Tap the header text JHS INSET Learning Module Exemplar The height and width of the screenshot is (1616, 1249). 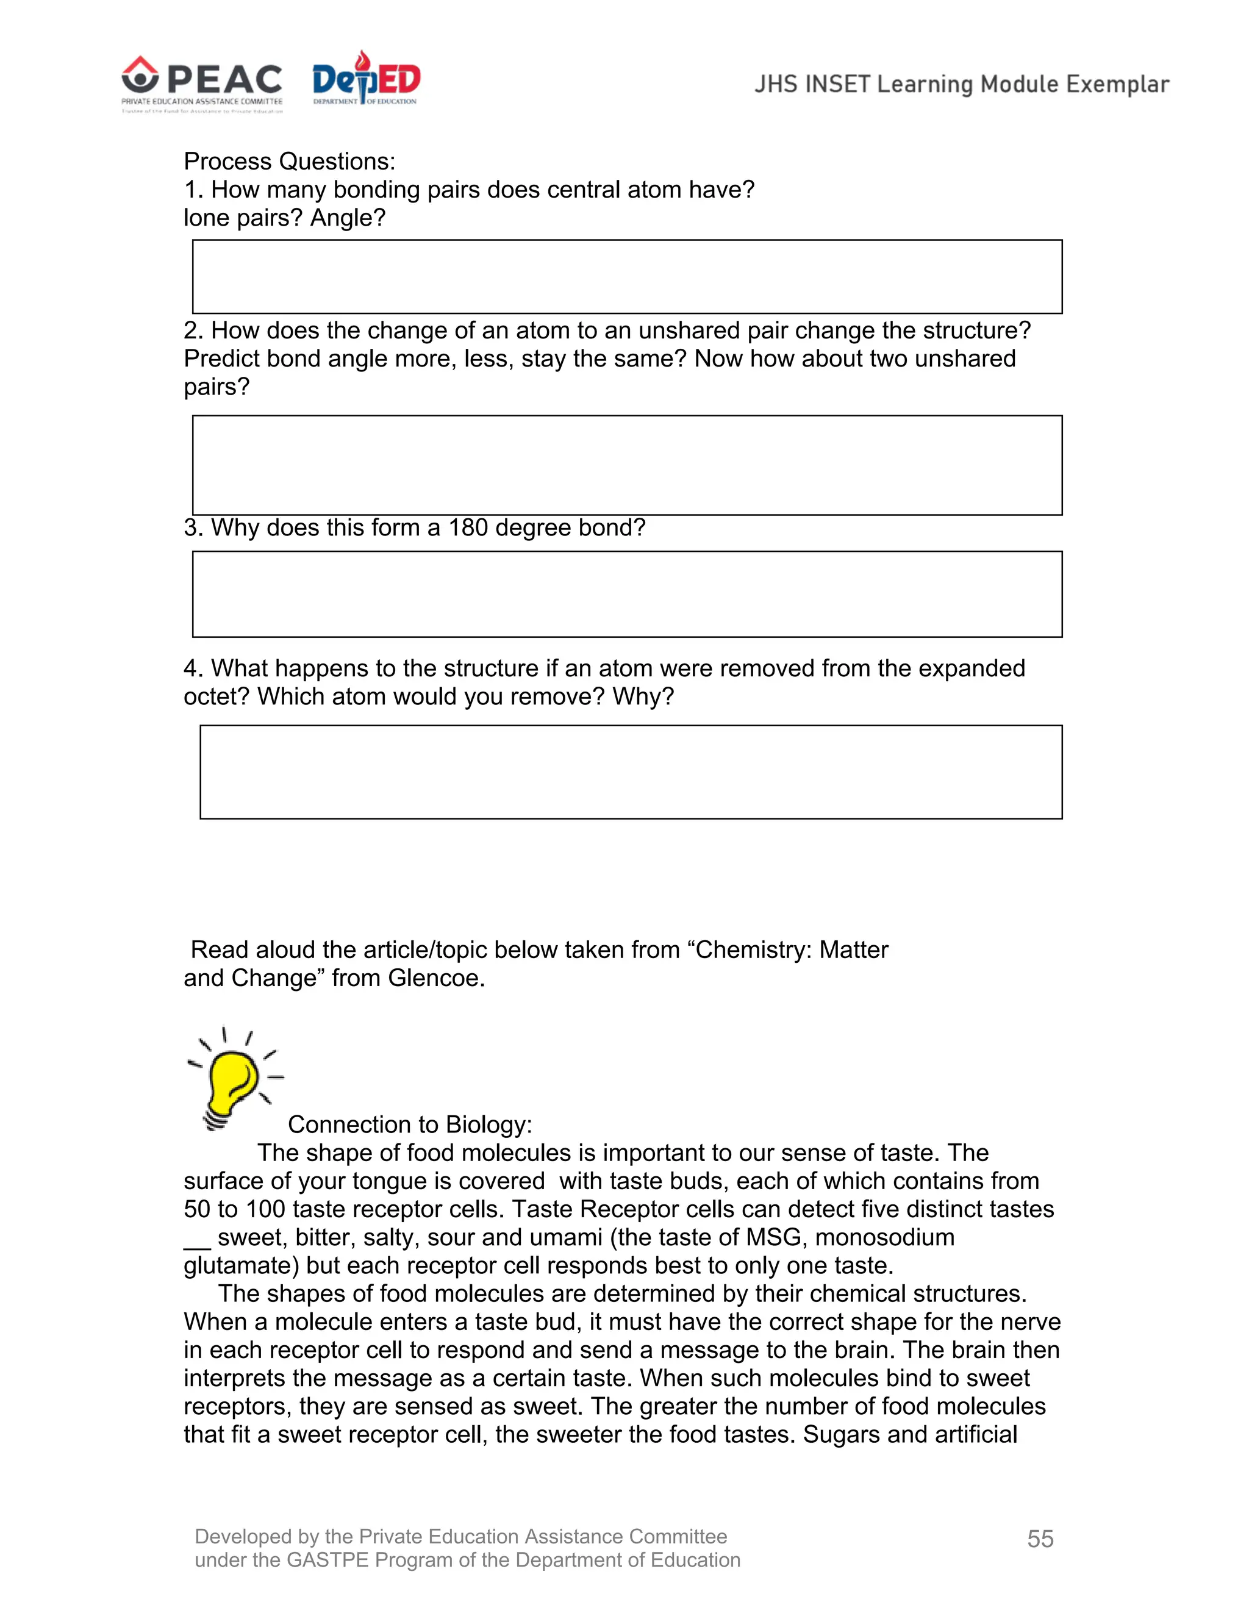(x=961, y=84)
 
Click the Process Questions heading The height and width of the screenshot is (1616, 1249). (x=289, y=162)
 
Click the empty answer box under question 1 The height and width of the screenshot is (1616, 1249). (x=627, y=277)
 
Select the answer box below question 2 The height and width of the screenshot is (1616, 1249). (x=627, y=465)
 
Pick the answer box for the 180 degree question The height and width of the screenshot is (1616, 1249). (x=627, y=593)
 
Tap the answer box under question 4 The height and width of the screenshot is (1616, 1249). (x=631, y=772)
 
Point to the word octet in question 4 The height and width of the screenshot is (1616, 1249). (x=215, y=696)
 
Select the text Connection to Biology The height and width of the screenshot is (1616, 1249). (x=409, y=1124)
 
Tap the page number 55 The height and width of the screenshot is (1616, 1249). (x=1040, y=1539)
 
